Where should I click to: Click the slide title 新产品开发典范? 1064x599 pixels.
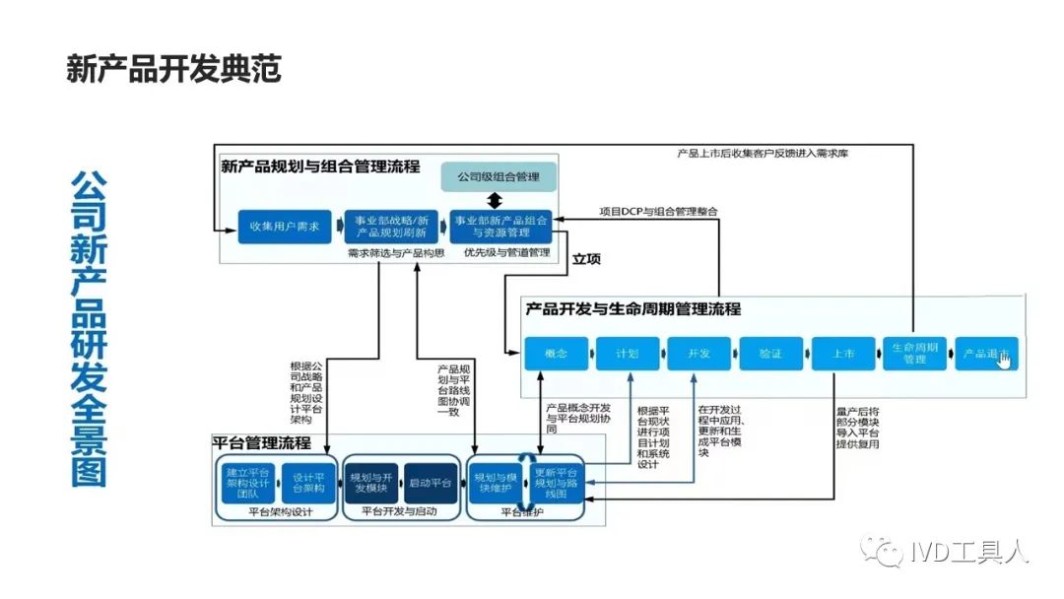point(174,70)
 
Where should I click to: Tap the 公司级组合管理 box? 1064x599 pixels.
point(498,177)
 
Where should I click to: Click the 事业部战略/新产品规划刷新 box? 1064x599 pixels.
point(391,226)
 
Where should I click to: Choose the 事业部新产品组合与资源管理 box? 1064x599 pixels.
point(498,226)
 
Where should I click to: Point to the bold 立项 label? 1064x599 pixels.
point(587,259)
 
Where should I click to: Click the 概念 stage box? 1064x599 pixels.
point(556,353)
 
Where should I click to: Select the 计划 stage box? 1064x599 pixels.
point(628,353)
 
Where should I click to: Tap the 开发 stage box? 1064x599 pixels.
point(698,353)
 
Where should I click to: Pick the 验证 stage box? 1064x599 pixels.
point(770,353)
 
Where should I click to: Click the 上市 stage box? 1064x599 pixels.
point(843,353)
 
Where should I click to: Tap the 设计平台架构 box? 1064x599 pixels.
point(308,482)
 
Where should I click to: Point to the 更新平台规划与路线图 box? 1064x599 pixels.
point(557,482)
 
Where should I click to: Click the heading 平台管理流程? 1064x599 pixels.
point(262,442)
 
